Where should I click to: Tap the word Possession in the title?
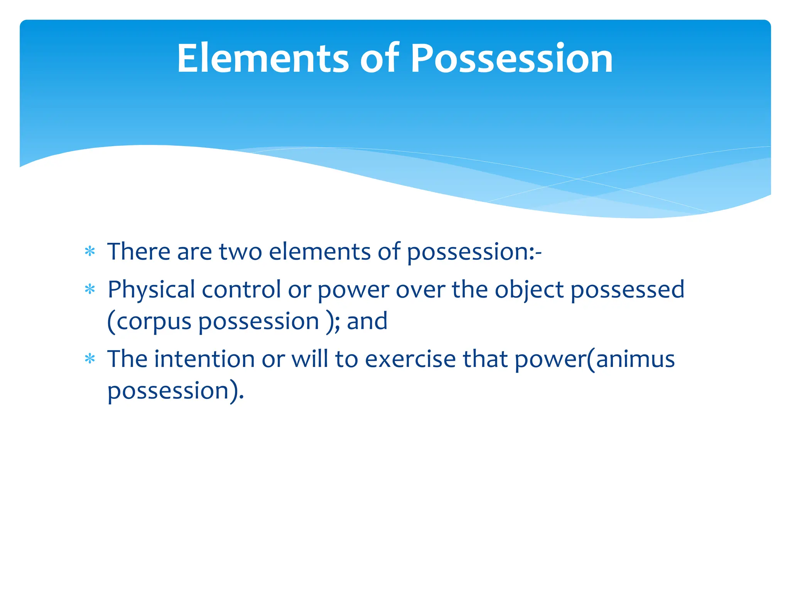tap(511, 58)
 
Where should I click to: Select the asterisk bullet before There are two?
tap(90, 252)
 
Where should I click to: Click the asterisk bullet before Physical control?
tap(90, 289)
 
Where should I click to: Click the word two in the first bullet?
tap(240, 252)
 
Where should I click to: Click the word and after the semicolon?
tap(367, 321)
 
